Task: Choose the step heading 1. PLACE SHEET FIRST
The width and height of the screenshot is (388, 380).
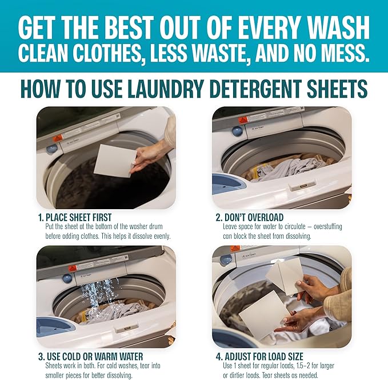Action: (75, 218)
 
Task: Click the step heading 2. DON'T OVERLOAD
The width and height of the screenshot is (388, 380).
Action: (250, 218)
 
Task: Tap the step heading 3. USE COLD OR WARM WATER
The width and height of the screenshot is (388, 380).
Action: (91, 357)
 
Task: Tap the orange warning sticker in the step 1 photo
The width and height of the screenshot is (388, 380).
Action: (58, 138)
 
